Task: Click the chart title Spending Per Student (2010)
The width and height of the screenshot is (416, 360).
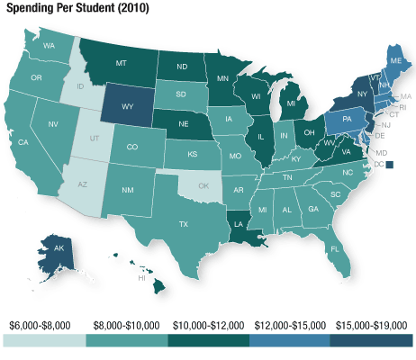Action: coord(78,8)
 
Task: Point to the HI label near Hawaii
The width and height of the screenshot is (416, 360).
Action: coord(141,279)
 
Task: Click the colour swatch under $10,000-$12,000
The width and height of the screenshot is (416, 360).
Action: coord(208,340)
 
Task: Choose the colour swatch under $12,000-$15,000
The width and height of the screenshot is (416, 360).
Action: coord(290,340)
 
